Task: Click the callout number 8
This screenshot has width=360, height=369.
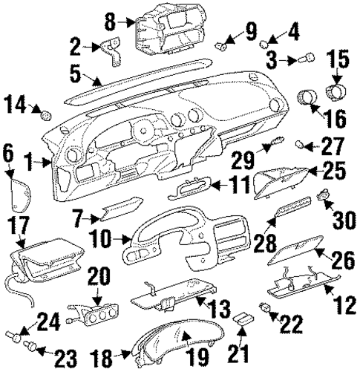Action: [x=109, y=21]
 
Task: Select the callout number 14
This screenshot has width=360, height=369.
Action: [x=16, y=105]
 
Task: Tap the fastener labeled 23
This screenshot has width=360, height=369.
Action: [x=31, y=345]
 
